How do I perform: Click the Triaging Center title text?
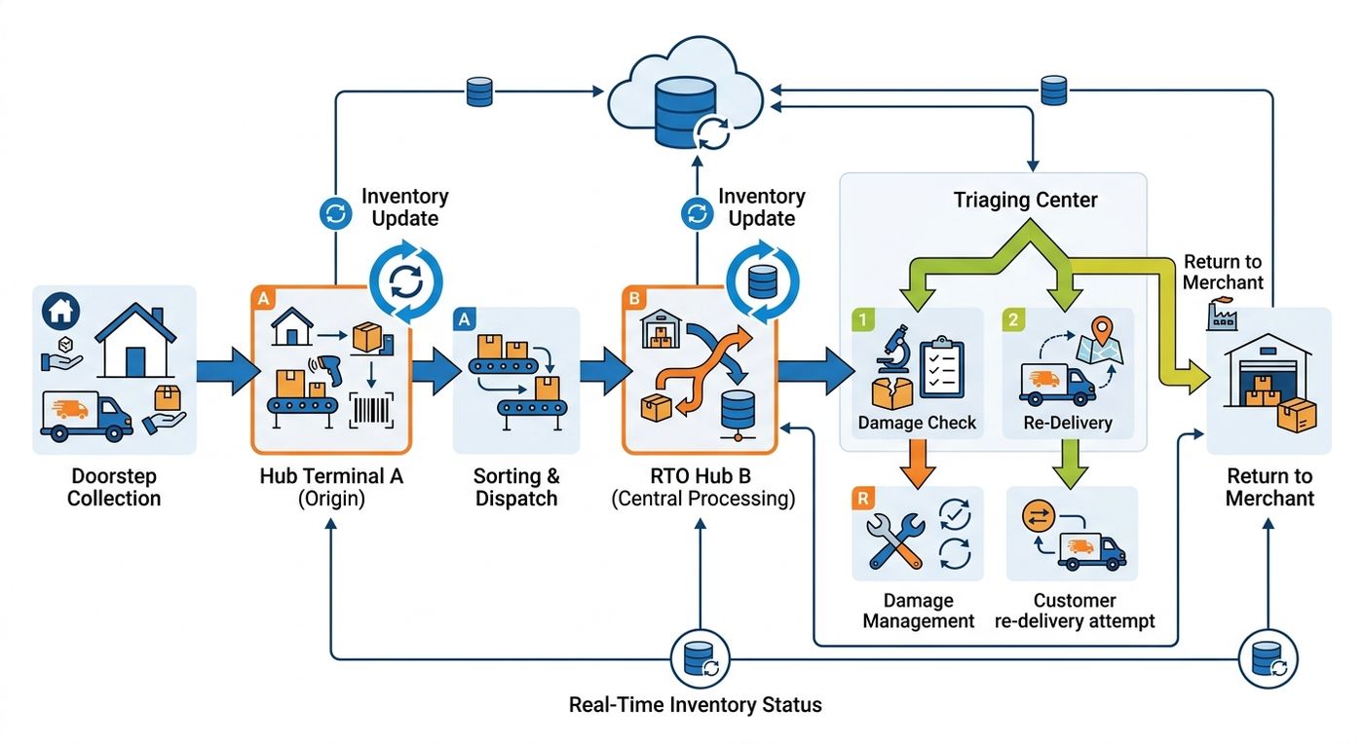pos(1025,200)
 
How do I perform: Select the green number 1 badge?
pos(863,319)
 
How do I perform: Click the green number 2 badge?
pos(1013,319)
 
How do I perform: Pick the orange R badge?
pos(863,499)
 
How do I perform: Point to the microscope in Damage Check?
pos(893,349)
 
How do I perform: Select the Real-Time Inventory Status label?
pos(695,704)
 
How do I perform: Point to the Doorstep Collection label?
pos(114,487)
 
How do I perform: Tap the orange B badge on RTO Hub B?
pos(634,298)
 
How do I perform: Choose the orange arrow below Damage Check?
pos(918,464)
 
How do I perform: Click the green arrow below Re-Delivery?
pos(1070,464)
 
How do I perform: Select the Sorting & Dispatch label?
pos(516,487)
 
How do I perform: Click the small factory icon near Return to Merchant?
pos(1222,315)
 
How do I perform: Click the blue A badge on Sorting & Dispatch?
pos(464,319)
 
